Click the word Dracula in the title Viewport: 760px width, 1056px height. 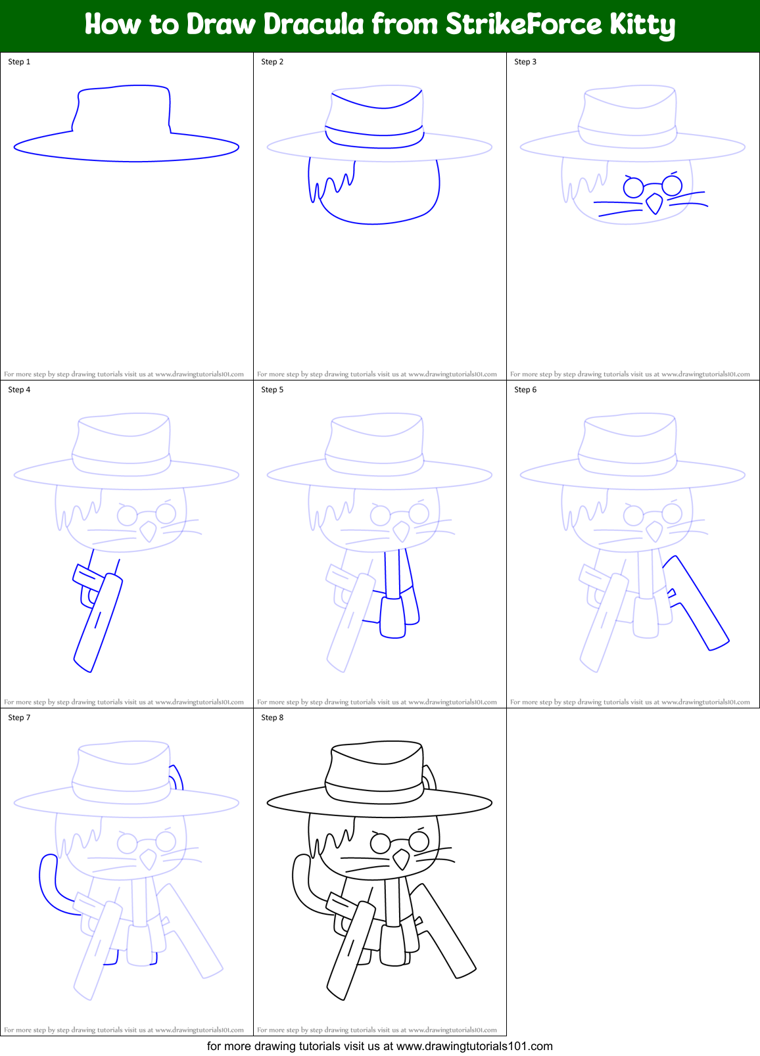coord(315,25)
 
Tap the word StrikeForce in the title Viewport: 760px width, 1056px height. coord(523,25)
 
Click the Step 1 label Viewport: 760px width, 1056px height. coord(19,62)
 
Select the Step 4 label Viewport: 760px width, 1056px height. coord(19,390)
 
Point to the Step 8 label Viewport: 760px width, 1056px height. coord(272,718)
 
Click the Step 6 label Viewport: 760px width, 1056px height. coord(525,390)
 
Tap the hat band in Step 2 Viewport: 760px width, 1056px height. coord(375,131)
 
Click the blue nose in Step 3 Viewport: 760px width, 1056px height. coord(654,204)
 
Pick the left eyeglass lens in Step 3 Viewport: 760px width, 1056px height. coord(633,189)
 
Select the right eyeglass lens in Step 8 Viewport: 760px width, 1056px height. coord(419,840)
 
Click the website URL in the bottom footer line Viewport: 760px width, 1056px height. coord(475,1046)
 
